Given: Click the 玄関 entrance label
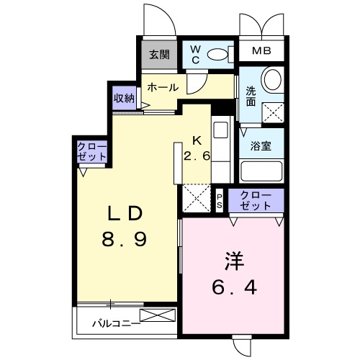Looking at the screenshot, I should (x=159, y=54).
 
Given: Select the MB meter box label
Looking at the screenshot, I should (x=261, y=52).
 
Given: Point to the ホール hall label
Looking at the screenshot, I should (x=163, y=86).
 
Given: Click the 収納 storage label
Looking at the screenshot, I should (x=123, y=98).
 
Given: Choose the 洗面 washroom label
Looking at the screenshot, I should (x=251, y=97).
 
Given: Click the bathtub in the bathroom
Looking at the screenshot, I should (x=261, y=171).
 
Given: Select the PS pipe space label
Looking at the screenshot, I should (x=220, y=200).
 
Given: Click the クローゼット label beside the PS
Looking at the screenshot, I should (x=256, y=200).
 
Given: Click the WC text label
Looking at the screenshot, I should (x=195, y=55).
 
